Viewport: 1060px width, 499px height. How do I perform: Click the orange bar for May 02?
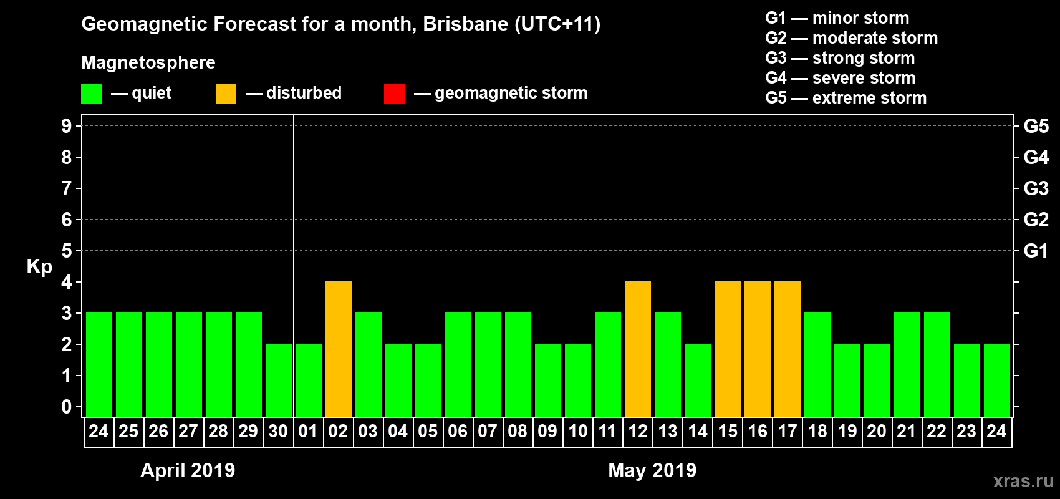coord(339,349)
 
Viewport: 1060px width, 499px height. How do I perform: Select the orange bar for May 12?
coord(638,349)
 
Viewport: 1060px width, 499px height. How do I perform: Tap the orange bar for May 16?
coord(758,349)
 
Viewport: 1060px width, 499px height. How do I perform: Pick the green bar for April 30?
coord(279,380)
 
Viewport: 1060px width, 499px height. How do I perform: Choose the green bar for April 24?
coord(99,364)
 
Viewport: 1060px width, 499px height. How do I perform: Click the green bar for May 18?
coord(817,364)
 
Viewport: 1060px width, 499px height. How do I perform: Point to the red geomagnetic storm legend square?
coord(394,94)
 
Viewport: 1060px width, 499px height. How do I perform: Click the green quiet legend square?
coord(91,94)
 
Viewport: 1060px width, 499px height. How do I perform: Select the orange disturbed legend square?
coord(226,94)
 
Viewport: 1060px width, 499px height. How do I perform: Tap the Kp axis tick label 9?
coord(67,126)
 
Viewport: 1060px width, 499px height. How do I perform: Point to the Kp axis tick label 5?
coord(67,251)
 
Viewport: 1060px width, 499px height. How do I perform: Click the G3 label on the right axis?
coord(1036,188)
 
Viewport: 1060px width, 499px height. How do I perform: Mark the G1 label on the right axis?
coord(1036,251)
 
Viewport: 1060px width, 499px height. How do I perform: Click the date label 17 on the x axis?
coord(788,431)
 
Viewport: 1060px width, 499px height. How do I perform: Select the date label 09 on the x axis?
coord(547,431)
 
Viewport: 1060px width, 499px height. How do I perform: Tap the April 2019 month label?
coord(188,470)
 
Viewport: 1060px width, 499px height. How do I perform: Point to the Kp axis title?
coord(39,267)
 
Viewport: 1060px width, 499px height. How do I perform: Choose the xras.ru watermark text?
coord(1023,481)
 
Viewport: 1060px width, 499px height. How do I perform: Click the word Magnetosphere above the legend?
coord(148,62)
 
